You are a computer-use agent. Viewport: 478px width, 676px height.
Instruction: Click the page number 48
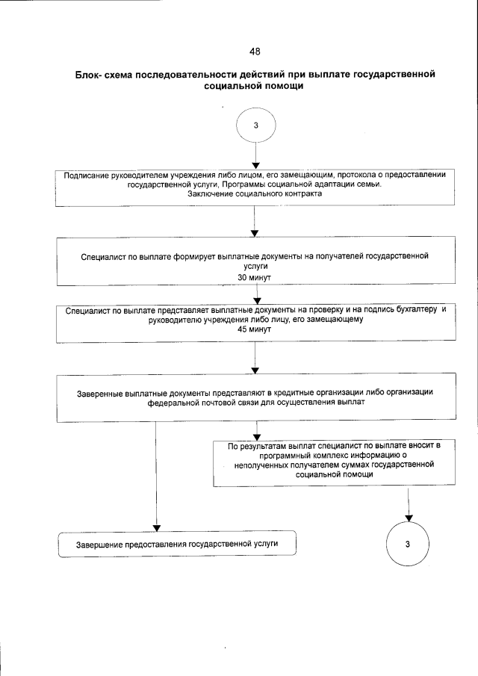pos(255,52)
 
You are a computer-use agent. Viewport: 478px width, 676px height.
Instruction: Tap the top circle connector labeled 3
pos(255,125)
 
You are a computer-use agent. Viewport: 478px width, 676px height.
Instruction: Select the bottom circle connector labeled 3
pos(408,544)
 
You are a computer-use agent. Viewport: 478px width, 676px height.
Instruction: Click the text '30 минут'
pos(255,276)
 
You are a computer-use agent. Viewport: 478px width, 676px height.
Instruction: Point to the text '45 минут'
pos(255,329)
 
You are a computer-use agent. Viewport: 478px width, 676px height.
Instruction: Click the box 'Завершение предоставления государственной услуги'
pos(177,543)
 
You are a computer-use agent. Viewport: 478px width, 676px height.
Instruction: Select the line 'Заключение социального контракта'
pos(255,194)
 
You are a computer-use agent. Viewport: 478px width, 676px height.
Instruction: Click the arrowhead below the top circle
pos(255,165)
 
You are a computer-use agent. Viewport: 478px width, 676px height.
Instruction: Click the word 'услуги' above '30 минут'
pos(255,266)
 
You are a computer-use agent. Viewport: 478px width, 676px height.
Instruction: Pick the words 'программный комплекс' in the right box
pos(299,454)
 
